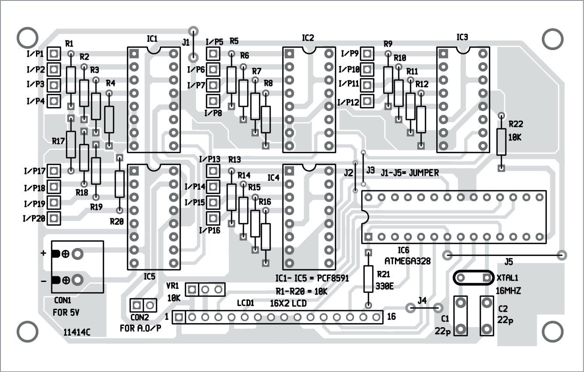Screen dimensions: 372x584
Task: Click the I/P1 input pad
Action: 54,54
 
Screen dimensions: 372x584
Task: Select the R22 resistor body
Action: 502,141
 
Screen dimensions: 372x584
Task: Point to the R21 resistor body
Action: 369,279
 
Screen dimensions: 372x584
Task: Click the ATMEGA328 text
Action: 408,260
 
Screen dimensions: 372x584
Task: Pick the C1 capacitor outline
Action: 461,316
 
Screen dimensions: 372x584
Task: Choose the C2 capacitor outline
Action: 487,316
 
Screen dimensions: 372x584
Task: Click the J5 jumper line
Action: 505,255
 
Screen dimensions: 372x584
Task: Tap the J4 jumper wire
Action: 424,308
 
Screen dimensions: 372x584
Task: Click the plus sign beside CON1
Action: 43,253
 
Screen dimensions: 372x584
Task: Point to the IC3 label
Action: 462,37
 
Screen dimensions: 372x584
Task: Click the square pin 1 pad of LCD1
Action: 179,317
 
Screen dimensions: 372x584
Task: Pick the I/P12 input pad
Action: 367,102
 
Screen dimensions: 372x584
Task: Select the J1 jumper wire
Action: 192,44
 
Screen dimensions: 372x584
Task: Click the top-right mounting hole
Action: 552,40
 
